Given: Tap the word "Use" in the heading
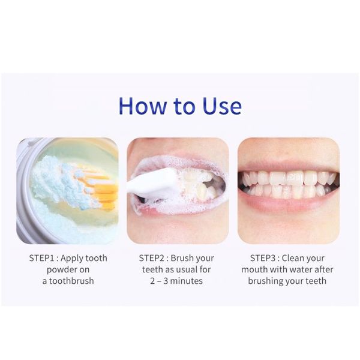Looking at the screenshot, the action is (x=222, y=106).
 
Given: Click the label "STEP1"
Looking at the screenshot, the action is (x=42, y=258).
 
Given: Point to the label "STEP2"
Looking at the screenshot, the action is (x=152, y=258).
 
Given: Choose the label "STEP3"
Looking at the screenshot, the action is (x=263, y=258).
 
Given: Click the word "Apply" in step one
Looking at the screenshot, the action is (x=73, y=259).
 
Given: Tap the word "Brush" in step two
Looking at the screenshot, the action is (x=181, y=258).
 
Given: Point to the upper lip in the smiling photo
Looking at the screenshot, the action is (x=288, y=166).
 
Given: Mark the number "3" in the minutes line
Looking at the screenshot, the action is (x=166, y=281).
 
